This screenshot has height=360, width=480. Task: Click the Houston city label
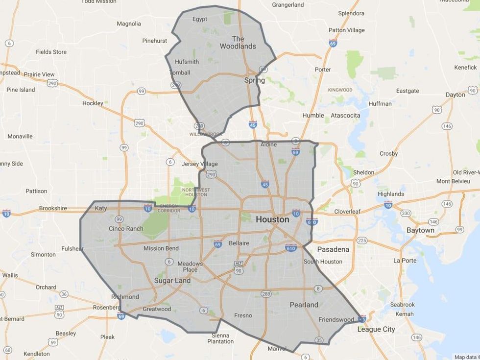point(272,220)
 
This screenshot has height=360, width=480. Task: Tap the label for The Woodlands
point(238,43)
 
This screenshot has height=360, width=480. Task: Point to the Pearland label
point(304,305)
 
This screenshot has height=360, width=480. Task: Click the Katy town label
point(101,208)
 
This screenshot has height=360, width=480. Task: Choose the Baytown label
point(420,230)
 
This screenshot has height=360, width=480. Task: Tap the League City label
point(376,329)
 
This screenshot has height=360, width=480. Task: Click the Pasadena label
point(333,249)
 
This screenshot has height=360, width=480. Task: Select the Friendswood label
point(336,319)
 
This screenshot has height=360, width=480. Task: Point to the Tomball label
point(179,72)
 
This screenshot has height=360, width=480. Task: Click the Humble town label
point(313,115)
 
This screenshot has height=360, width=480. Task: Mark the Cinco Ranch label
point(126,229)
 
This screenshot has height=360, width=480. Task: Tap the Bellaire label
point(239,243)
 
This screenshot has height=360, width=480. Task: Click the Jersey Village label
point(199,164)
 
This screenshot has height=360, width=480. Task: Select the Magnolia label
point(129,24)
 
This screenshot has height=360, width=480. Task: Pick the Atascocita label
point(345,115)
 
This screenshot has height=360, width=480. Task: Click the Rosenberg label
point(106,307)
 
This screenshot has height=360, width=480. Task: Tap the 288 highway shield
point(266,294)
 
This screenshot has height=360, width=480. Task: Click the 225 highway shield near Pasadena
point(362,240)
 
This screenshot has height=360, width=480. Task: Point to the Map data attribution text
point(466,357)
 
